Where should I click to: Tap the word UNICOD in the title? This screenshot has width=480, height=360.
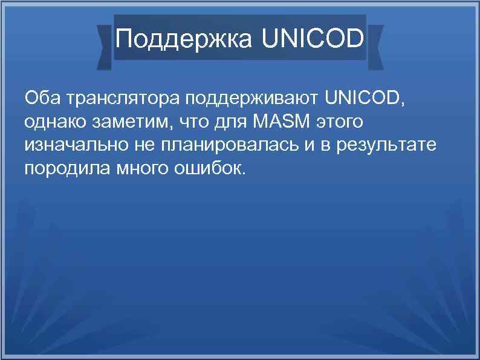(313, 39)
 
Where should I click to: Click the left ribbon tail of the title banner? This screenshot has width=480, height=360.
(105, 45)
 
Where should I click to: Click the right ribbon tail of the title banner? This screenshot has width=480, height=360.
(375, 45)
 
